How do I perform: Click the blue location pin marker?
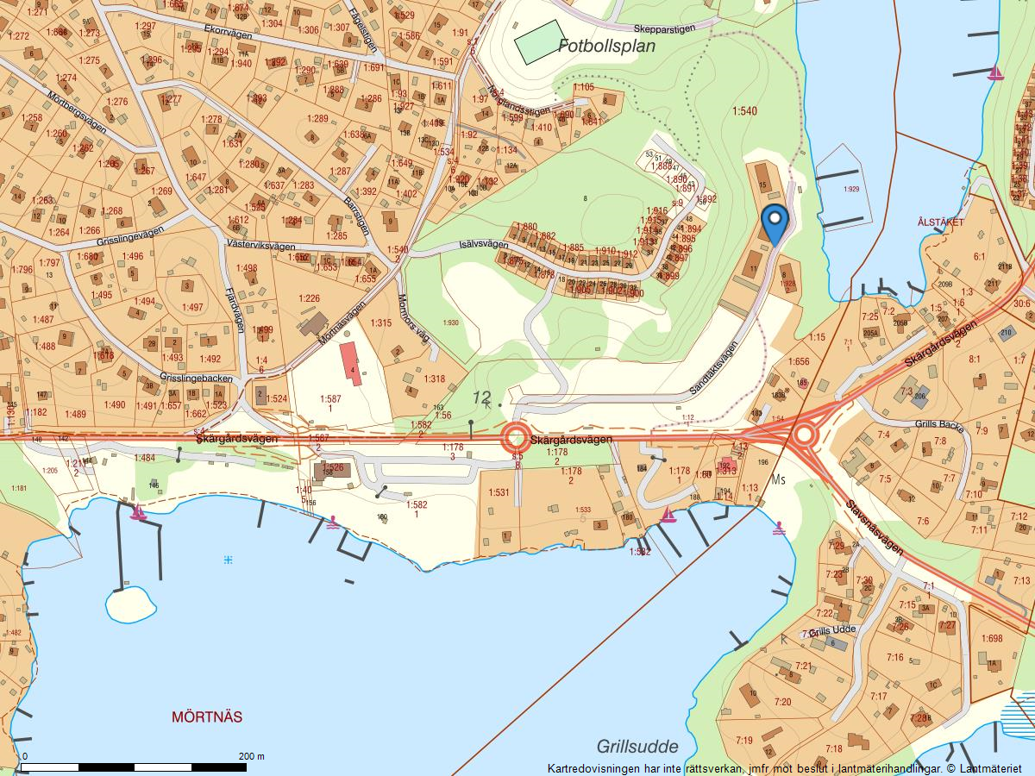[x=775, y=222]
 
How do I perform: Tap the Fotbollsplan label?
[x=606, y=47]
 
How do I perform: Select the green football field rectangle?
[x=540, y=41]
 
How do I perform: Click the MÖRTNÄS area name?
[x=207, y=717]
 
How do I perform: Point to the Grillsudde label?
[x=637, y=747]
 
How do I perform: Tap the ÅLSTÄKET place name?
[x=941, y=222]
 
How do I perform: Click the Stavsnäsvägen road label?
[x=874, y=528]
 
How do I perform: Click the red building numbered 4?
[x=352, y=363]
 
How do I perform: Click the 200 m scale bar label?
[x=252, y=756]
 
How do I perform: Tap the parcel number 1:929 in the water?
[x=851, y=189]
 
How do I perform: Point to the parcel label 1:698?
[x=992, y=638]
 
